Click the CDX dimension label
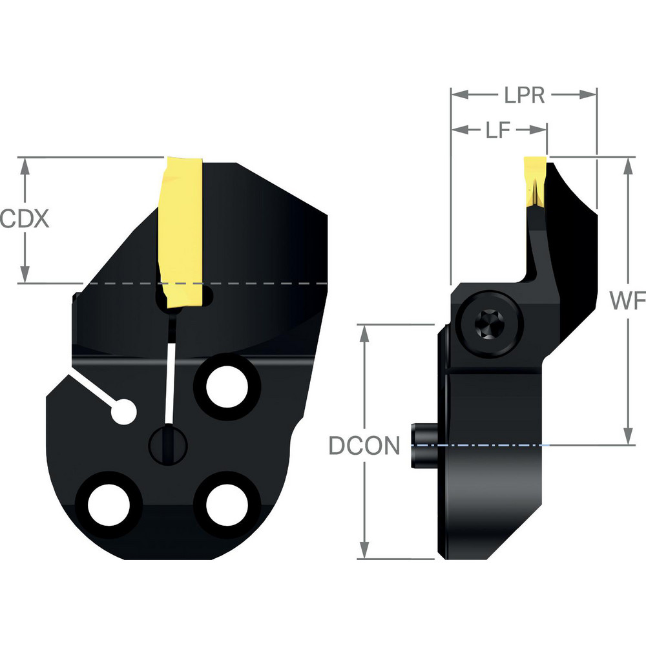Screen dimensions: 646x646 tap(24, 220)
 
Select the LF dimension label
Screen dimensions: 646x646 tap(498, 130)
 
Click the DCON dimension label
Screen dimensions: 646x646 tap(364, 445)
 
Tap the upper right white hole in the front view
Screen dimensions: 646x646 tap(226, 386)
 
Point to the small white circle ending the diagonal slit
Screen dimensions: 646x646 tap(123, 412)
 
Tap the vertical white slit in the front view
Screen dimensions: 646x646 tap(170, 381)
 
